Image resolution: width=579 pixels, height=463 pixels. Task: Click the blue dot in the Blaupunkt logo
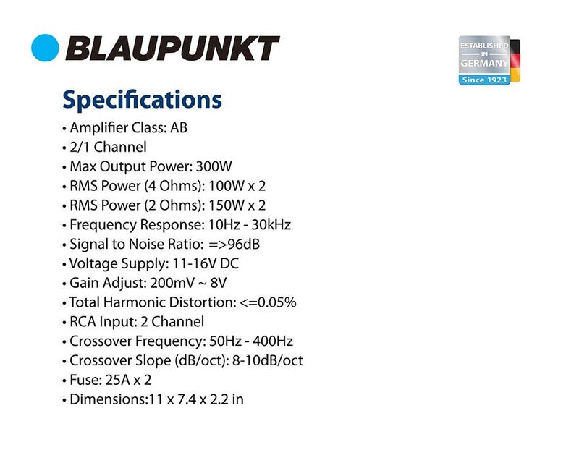[45, 48]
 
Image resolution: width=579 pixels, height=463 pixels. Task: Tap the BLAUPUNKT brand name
[172, 49]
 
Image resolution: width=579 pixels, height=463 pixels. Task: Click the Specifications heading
[142, 99]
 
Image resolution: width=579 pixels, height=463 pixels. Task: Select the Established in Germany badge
[484, 61]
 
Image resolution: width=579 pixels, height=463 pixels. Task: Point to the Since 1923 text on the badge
[483, 80]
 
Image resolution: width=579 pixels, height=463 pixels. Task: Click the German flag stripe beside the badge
[515, 61]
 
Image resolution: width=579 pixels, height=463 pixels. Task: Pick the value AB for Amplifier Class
[179, 128]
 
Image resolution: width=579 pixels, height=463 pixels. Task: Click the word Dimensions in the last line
[105, 399]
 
